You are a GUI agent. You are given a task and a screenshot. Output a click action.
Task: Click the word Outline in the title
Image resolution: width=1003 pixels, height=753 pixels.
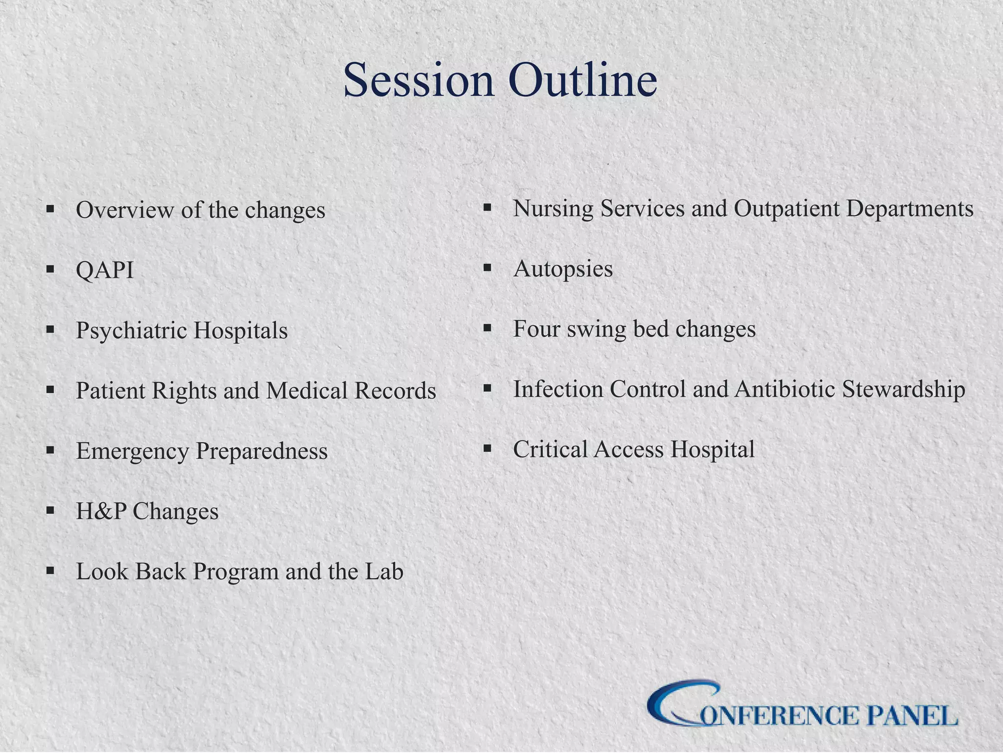pyautogui.click(x=582, y=81)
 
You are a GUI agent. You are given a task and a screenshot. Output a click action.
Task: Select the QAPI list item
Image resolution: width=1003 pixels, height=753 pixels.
pyautogui.click(x=105, y=270)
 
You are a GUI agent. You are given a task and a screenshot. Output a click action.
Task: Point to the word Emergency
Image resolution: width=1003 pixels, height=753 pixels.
pyautogui.click(x=132, y=452)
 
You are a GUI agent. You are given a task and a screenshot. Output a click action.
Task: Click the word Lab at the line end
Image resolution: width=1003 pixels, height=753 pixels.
pyautogui.click(x=384, y=572)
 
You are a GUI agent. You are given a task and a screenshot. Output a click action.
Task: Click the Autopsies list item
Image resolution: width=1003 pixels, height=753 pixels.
pyautogui.click(x=563, y=269)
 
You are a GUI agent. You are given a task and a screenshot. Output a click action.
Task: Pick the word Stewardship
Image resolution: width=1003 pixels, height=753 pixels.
pyautogui.click(x=904, y=389)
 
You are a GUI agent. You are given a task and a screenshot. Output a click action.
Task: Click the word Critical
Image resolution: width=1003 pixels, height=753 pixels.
pyautogui.click(x=550, y=450)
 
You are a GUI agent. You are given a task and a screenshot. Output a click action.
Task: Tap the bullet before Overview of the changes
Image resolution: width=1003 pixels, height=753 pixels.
pyautogui.click(x=50, y=209)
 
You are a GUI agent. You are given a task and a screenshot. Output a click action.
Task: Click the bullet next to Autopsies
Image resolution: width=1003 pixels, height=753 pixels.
pyautogui.click(x=487, y=268)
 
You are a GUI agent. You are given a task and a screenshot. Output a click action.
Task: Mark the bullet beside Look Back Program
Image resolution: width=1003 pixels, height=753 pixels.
pyautogui.click(x=50, y=571)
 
